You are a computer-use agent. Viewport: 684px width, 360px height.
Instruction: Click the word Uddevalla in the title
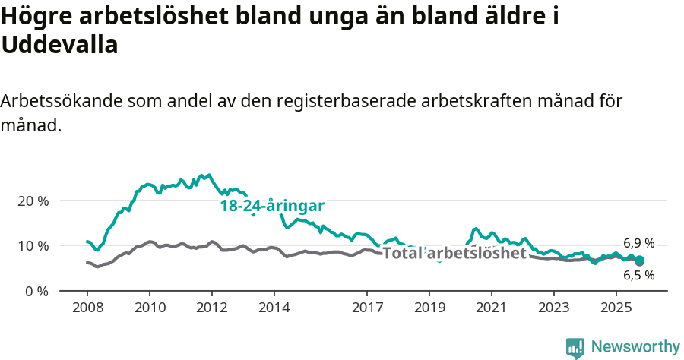[60, 46]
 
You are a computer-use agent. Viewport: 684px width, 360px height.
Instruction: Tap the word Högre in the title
[38, 16]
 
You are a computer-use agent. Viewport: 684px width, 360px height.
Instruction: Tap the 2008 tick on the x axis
[87, 309]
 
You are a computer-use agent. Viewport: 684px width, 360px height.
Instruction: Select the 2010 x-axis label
[150, 309]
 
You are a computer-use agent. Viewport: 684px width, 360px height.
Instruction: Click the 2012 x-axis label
[212, 309]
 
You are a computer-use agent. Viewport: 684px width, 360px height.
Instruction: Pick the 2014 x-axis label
[274, 309]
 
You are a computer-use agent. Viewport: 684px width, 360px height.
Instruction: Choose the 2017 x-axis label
[367, 309]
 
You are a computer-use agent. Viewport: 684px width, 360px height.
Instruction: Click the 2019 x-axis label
[429, 309]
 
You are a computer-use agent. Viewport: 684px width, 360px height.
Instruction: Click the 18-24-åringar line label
[273, 206]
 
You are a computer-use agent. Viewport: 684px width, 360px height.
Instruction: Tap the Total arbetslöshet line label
[454, 253]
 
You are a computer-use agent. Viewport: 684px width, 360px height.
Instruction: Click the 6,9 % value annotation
[638, 243]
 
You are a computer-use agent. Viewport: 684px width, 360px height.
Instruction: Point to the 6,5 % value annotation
[638, 276]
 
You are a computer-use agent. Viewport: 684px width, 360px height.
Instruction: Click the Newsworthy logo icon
[575, 348]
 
